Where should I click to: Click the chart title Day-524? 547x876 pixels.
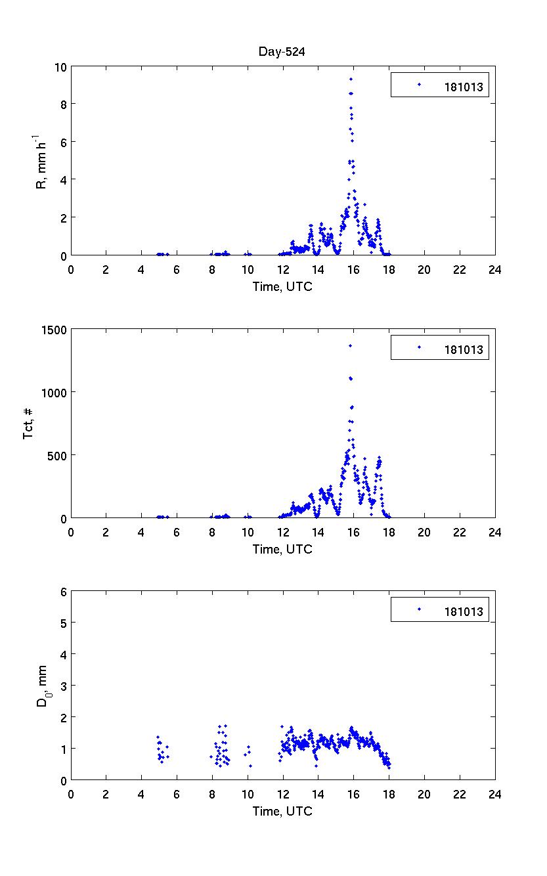coord(282,52)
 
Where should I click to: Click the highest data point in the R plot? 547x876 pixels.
coord(351,79)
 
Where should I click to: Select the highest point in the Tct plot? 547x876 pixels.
coord(350,345)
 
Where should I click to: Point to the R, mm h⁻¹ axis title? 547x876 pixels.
coord(41,161)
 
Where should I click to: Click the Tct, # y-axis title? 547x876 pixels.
coord(29,424)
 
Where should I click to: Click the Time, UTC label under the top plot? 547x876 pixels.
coord(282,287)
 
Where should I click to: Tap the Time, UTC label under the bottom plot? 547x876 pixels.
coord(282,811)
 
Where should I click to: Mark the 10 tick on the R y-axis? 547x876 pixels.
coord(61,67)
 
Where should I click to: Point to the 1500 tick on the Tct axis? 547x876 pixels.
coord(55,330)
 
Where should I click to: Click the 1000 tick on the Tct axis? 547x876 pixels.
coord(55,392)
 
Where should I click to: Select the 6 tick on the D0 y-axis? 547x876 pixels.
coord(64,592)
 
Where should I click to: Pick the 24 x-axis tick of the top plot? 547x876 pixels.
coord(494,269)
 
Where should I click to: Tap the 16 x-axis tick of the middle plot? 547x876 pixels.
coord(353,531)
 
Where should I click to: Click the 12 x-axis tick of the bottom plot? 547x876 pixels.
coord(283,793)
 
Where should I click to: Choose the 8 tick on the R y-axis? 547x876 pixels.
coord(64,104)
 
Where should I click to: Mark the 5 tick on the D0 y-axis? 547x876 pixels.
coord(64,623)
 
